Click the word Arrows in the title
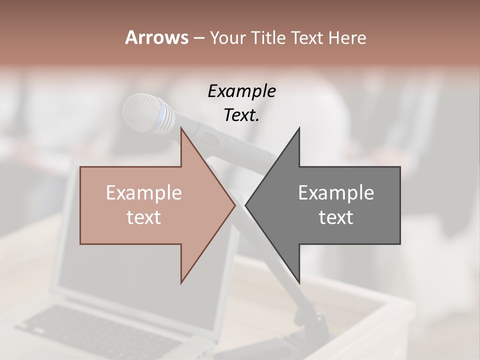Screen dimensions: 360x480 (156, 37)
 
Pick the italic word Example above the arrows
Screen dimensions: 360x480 (241, 91)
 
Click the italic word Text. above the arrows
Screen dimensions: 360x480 (241, 115)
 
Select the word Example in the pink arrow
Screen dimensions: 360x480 (144, 193)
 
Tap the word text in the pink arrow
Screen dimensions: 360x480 (144, 217)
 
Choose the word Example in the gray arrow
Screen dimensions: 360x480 (336, 193)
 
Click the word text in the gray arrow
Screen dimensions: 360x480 (336, 217)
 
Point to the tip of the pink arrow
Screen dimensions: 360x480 (234, 205)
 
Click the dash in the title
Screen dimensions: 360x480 (198, 38)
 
